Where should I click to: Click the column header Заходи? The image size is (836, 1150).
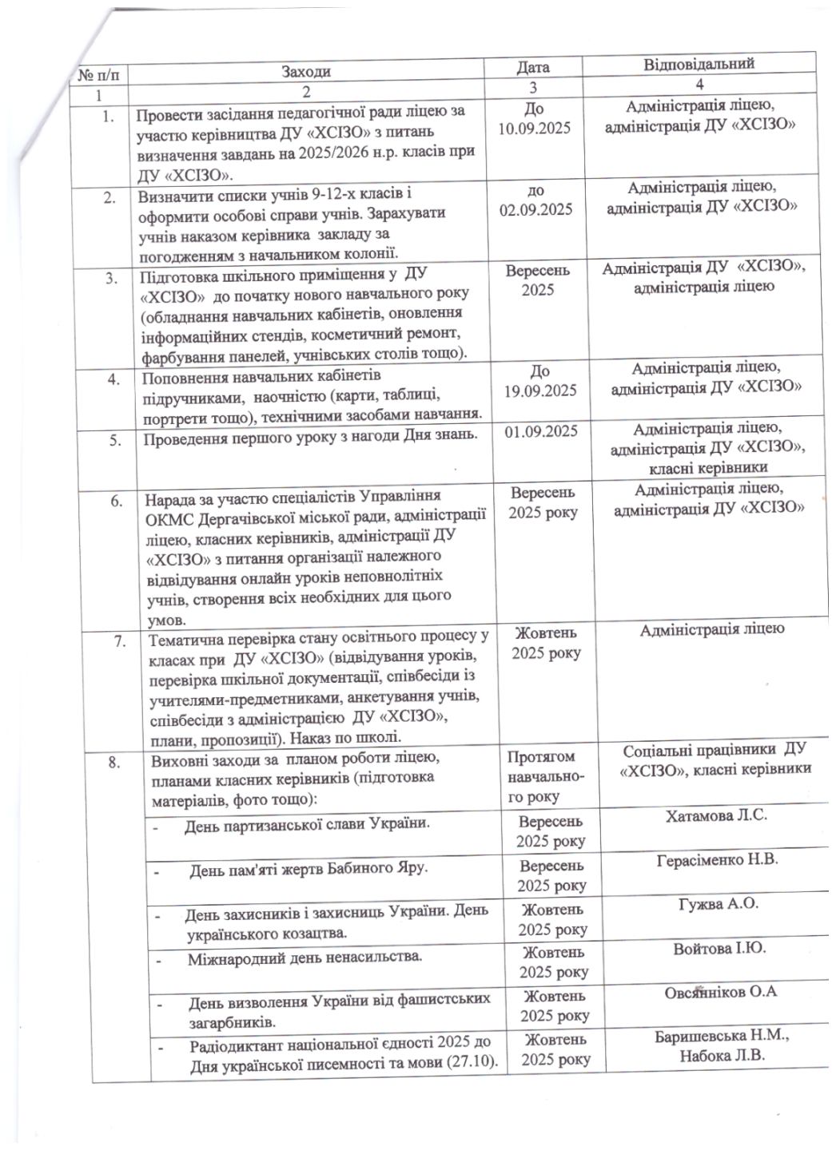click(305, 72)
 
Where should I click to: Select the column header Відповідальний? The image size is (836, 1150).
click(699, 64)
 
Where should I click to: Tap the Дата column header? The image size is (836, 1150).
click(532, 68)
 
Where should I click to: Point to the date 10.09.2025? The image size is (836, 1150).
click(534, 128)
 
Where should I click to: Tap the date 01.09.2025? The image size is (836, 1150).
click(542, 431)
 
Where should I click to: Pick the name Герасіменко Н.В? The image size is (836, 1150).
click(717, 860)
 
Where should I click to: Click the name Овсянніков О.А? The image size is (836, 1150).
click(720, 992)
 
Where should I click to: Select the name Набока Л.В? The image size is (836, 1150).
click(723, 1055)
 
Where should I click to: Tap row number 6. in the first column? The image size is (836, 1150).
click(117, 501)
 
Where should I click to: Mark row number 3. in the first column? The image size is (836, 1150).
click(112, 278)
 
